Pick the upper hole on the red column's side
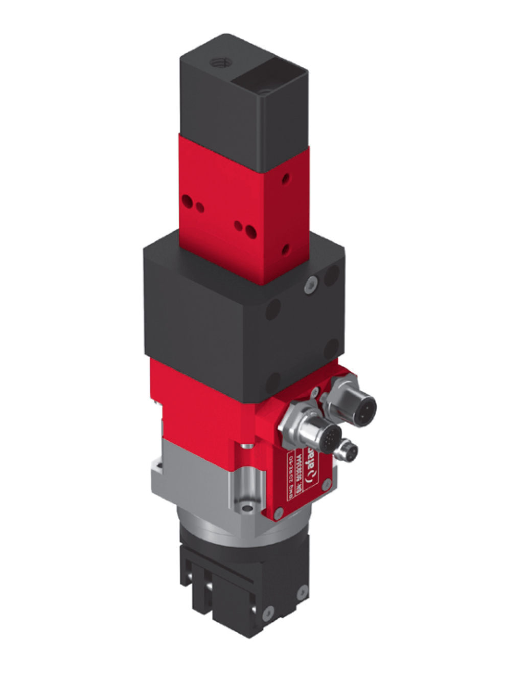[286, 179]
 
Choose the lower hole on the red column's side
[286, 249]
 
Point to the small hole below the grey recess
[249, 508]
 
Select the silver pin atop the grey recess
[247, 447]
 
